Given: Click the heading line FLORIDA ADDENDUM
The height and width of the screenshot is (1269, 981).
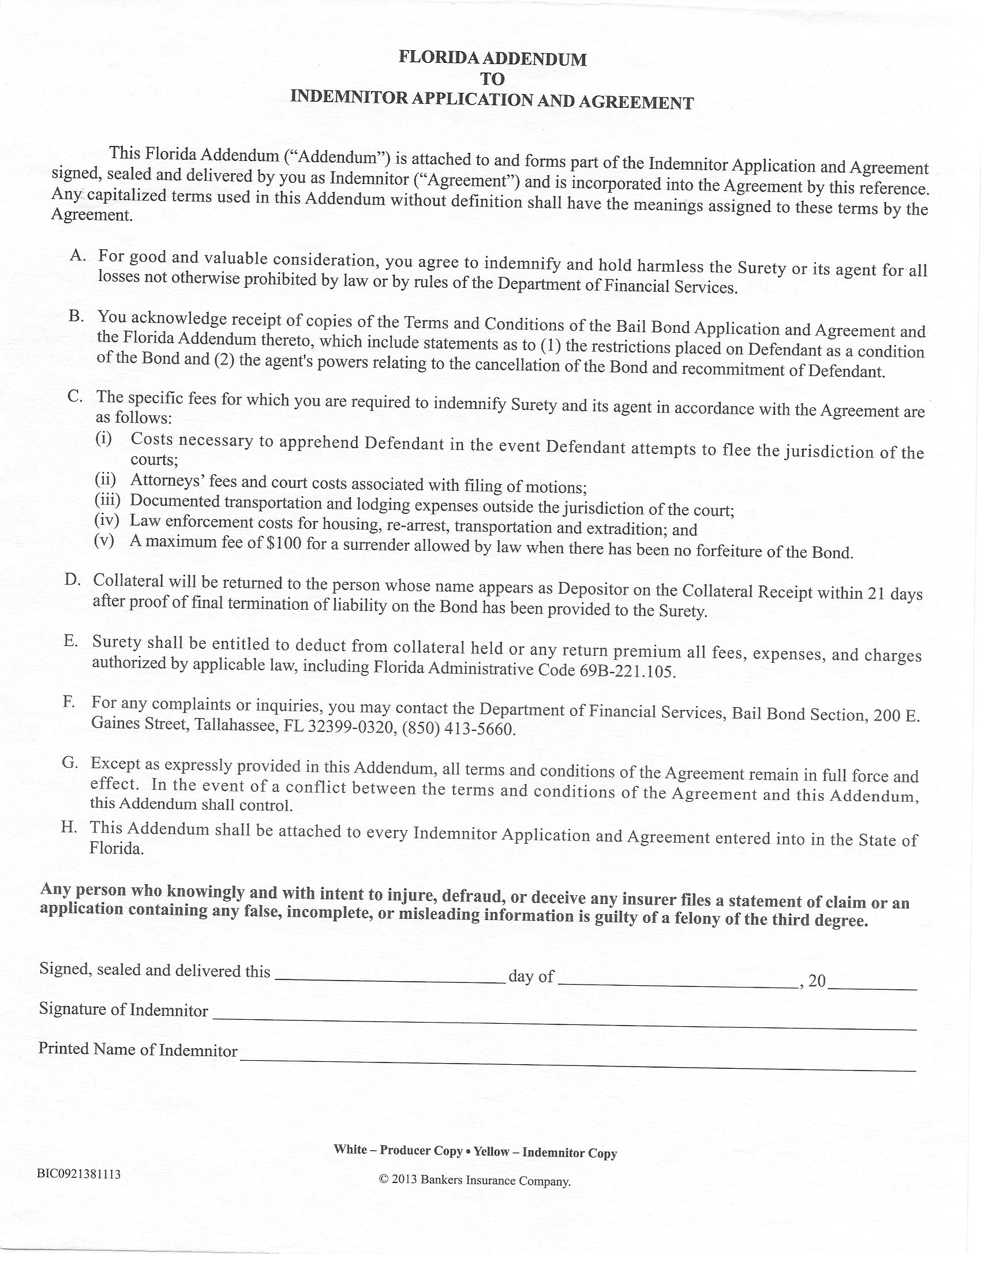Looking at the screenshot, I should click(492, 59).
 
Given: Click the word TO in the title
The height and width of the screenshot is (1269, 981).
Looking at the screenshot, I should click(492, 79).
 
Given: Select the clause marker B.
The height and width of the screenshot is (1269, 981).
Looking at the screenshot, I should click(77, 316).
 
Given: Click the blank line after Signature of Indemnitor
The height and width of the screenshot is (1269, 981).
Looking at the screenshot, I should click(564, 1023).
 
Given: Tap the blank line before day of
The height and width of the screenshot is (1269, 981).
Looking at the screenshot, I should click(390, 981).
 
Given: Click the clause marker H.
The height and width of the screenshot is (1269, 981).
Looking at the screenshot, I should click(69, 827).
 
